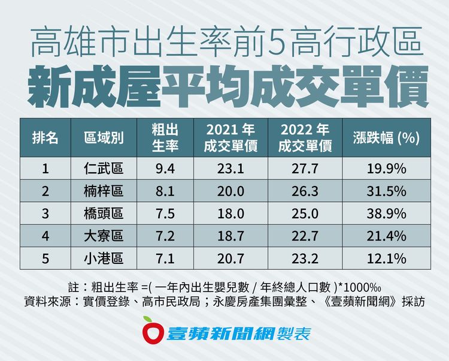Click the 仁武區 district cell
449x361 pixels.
pyautogui.click(x=104, y=169)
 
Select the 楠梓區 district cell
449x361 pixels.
pyautogui.click(x=104, y=191)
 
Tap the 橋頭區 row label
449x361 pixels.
pyautogui.click(x=104, y=213)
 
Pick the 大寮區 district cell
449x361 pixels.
pyautogui.click(x=104, y=236)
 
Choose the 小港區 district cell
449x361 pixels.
pyautogui.click(x=104, y=258)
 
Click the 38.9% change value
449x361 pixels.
pyautogui.click(x=387, y=213)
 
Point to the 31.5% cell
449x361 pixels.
pyautogui.click(x=387, y=191)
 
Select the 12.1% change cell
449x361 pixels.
pyautogui.click(x=387, y=258)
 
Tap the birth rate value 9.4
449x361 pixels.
pyautogui.click(x=164, y=169)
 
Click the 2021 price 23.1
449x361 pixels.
pyautogui.click(x=230, y=169)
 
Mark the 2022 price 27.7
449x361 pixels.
pyautogui.click(x=305, y=169)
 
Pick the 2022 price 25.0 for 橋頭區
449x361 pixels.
pyautogui.click(x=305, y=213)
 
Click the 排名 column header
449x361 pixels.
pyautogui.click(x=45, y=139)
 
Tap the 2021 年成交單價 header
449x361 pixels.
pyautogui.click(x=230, y=138)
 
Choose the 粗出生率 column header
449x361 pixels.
pyautogui.click(x=164, y=138)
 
